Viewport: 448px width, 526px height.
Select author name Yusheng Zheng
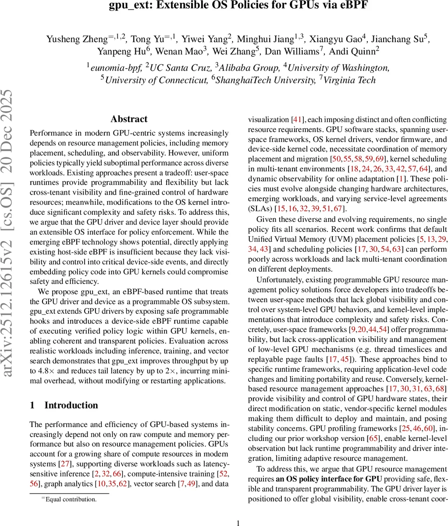point(76,39)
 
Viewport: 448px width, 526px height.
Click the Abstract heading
point(129,119)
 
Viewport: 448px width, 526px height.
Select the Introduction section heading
point(71,405)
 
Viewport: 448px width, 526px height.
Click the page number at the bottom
point(238,511)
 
